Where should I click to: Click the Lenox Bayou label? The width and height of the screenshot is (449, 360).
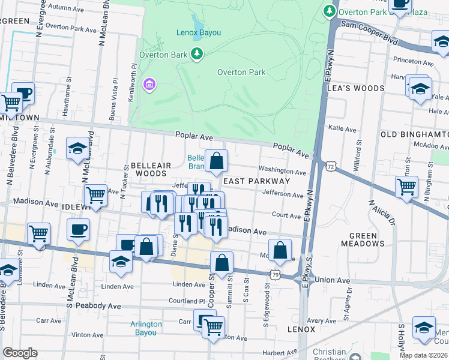(x=199, y=32)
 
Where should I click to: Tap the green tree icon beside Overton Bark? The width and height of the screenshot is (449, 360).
(x=197, y=55)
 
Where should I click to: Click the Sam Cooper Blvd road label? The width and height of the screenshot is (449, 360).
(x=370, y=34)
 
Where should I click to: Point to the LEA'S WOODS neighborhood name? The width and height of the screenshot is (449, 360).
(x=355, y=88)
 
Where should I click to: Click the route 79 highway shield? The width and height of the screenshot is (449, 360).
(x=275, y=274)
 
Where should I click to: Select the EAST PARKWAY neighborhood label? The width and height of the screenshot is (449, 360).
(x=256, y=181)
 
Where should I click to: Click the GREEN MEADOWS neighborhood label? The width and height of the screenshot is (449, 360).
(x=363, y=239)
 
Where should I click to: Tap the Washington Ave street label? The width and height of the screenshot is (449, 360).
(x=282, y=170)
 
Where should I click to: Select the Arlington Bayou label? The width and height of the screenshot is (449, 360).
(x=146, y=328)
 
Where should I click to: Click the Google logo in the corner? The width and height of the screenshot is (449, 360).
(x=20, y=353)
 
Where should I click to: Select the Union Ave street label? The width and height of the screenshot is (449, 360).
(x=332, y=280)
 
